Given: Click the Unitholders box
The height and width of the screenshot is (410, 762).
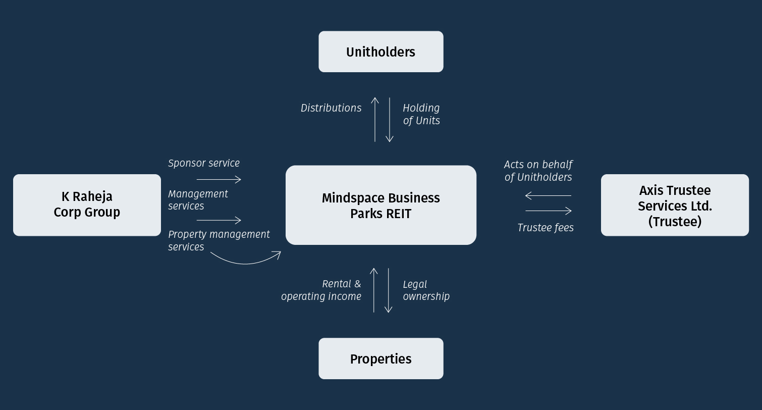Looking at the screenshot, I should click(x=380, y=52).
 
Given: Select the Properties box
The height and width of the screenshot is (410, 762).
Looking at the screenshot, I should click(x=380, y=358).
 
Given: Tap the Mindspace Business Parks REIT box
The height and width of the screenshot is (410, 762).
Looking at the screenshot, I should click(x=380, y=205).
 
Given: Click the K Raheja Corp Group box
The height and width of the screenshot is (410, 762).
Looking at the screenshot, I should click(x=87, y=204).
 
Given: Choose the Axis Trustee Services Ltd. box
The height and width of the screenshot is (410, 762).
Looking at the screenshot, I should click(x=675, y=205).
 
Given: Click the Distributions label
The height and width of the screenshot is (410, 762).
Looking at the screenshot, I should click(x=331, y=108).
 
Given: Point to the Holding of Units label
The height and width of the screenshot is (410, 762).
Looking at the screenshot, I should click(x=421, y=114).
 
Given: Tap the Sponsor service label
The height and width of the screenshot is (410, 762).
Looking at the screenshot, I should click(x=204, y=163).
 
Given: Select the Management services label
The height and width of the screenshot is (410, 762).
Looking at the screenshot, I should click(x=198, y=200).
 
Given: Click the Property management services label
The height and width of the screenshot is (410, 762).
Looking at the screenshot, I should click(x=219, y=240).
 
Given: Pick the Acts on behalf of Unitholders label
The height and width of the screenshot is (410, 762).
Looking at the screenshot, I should click(x=538, y=171).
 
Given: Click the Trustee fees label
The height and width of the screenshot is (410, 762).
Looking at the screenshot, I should click(x=546, y=228).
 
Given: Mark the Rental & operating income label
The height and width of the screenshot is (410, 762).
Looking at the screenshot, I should click(x=321, y=290).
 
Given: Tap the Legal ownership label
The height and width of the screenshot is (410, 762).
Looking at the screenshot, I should click(x=426, y=290).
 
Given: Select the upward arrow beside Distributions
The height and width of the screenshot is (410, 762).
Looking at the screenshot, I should click(x=375, y=120).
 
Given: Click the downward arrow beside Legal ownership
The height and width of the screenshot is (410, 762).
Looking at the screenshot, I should click(x=389, y=290).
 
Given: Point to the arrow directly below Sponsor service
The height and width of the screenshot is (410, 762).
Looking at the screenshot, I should click(x=219, y=179).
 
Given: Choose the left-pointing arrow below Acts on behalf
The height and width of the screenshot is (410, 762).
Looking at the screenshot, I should click(x=548, y=195).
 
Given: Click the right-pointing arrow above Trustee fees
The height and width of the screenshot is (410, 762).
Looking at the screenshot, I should click(x=549, y=211).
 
